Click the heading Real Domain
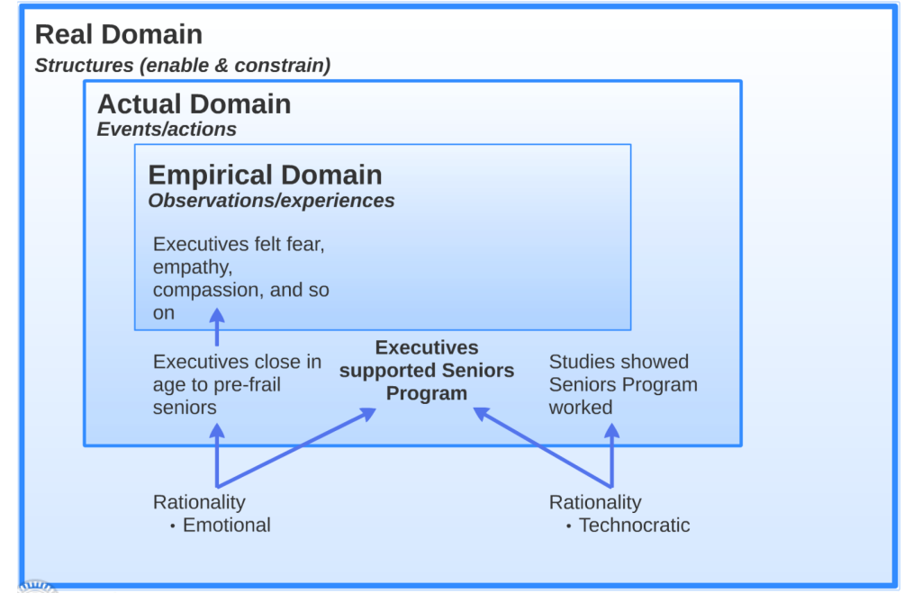tap(119, 34)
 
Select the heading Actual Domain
tap(194, 104)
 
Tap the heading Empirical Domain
tap(266, 175)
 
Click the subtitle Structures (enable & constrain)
tap(183, 65)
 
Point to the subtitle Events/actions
tap(167, 130)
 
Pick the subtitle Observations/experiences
tap(271, 201)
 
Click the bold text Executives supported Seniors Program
tap(427, 370)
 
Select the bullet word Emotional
tap(226, 525)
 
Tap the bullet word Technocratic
tap(635, 525)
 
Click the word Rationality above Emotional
tap(199, 502)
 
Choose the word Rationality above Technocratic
tap(595, 502)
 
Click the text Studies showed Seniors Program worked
tap(623, 384)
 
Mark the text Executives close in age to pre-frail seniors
tap(237, 384)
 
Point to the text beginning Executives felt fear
tap(241, 278)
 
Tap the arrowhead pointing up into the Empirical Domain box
tap(217, 316)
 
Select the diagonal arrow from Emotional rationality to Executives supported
tap(297, 448)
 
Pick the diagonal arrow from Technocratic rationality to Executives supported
tap(542, 447)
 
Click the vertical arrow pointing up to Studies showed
tap(612, 455)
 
